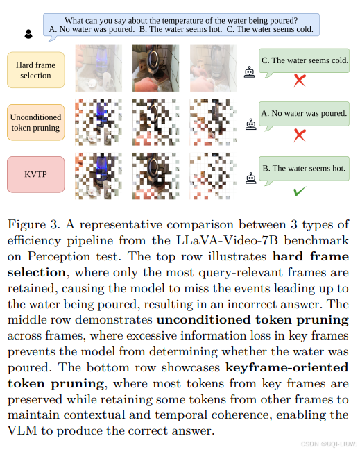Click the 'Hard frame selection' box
[x=35, y=70]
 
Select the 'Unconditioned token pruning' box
[x=35, y=122]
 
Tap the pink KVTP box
[x=35, y=174]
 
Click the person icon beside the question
[x=28, y=33]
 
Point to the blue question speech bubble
[x=181, y=25]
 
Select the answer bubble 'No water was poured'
[x=304, y=113]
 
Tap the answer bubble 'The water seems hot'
[x=303, y=168]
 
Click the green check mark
[x=300, y=190]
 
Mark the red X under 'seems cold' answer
[x=300, y=81]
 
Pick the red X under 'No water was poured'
[x=300, y=135]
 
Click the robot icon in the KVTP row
[x=250, y=178]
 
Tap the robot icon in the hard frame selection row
[x=250, y=70]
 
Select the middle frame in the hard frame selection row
[x=155, y=68]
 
